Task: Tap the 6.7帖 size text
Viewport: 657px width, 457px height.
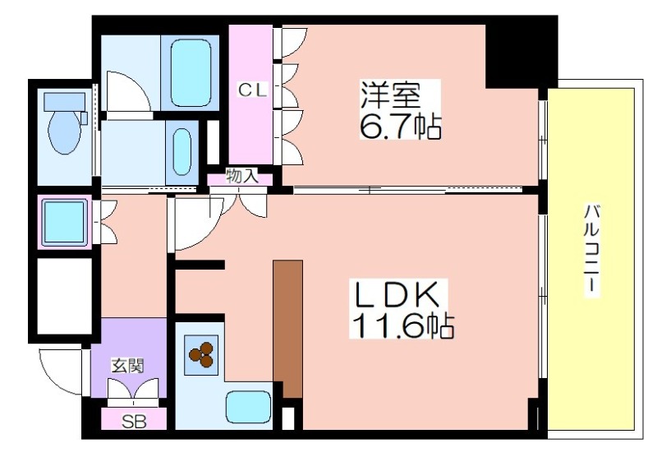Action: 400,126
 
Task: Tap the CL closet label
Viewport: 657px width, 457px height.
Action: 252,90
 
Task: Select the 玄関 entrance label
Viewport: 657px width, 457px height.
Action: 127,366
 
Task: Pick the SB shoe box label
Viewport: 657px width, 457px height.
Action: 134,422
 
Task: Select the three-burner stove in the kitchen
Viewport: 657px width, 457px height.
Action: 201,355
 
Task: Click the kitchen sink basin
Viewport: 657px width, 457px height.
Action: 248,408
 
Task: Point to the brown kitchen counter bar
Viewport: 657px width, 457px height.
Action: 288,329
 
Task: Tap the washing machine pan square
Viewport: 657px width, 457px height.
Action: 64,222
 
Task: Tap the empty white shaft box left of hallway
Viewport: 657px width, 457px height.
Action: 64,296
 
